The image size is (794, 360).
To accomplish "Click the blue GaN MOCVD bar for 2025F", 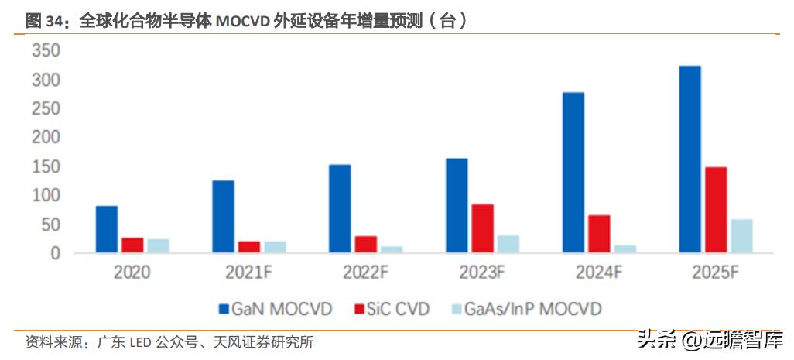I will tap(690, 159).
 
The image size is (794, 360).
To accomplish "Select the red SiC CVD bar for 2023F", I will tap(482, 228).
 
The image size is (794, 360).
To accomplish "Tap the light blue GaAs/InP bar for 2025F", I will tap(741, 236).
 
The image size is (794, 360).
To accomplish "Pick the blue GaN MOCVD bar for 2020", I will tap(107, 229).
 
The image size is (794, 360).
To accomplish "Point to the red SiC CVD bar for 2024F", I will tap(599, 234).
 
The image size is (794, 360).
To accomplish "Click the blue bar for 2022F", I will tap(340, 209).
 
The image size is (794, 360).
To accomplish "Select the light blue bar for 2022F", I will tap(392, 249).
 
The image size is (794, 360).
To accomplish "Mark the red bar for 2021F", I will tap(249, 247).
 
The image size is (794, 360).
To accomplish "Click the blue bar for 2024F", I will tap(573, 173).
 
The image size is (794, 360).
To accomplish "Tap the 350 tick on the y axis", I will tap(45, 51).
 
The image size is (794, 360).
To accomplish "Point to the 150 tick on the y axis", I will tap(45, 166).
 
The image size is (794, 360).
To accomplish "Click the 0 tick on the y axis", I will tap(55, 253).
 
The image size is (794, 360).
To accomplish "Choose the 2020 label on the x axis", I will tap(132, 273).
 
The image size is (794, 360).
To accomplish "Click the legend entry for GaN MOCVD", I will tap(275, 309).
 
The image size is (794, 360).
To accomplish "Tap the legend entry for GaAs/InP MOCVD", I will tap(525, 309).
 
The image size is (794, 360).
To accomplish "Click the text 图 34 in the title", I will tap(43, 22).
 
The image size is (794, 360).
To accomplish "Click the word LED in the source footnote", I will tap(140, 341).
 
